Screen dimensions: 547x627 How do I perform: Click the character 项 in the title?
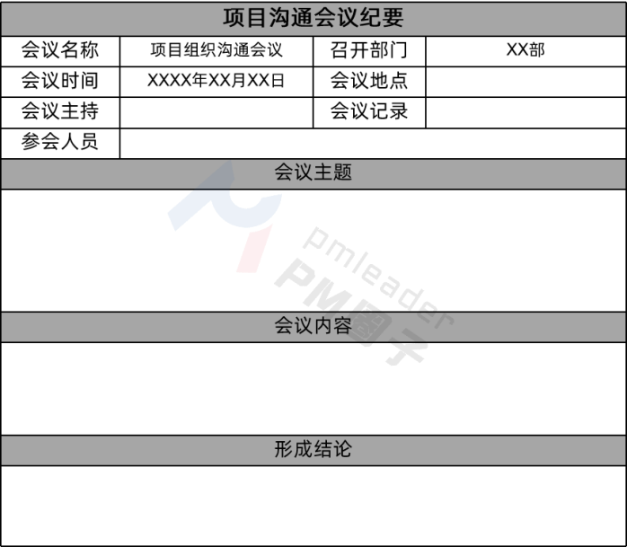pos(234,19)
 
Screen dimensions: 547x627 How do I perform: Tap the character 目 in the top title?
pos(257,19)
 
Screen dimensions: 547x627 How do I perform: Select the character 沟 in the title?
pos(279,19)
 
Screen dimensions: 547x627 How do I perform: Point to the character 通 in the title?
pos(302,19)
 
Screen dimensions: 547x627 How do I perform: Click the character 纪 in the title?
pos(369,19)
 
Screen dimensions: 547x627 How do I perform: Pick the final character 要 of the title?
pos(393,19)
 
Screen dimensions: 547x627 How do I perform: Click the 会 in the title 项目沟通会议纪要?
pos(324,19)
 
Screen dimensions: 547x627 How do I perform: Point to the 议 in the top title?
pos(347,19)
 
